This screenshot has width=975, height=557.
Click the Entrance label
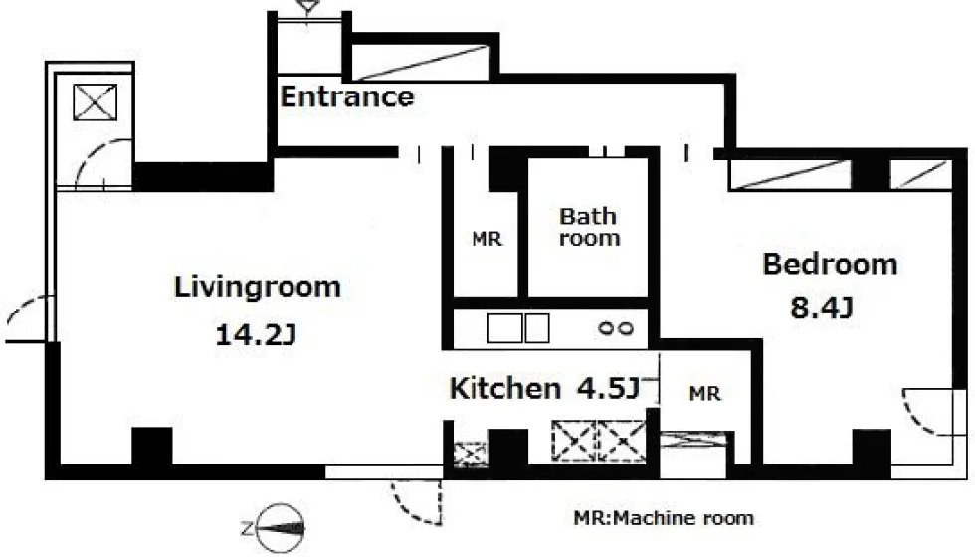tap(347, 97)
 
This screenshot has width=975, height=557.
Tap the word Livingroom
tap(258, 287)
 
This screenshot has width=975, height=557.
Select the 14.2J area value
tap(255, 336)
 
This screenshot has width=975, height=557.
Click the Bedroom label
tap(830, 264)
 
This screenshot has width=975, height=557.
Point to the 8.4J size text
tap(821, 307)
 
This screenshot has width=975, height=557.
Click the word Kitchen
tap(505, 389)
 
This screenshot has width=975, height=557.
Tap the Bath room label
tap(588, 227)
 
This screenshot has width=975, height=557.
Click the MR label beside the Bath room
tap(487, 239)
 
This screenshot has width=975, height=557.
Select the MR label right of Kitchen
tap(705, 394)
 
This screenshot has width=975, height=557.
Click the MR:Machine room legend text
tap(664, 518)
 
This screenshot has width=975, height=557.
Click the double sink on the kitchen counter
tap(518, 328)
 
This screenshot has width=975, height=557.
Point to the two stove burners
tap(616, 328)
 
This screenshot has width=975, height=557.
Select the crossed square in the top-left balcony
tap(96, 101)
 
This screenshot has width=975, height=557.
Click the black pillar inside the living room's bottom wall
tap(151, 446)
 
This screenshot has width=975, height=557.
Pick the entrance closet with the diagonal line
tap(421, 62)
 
